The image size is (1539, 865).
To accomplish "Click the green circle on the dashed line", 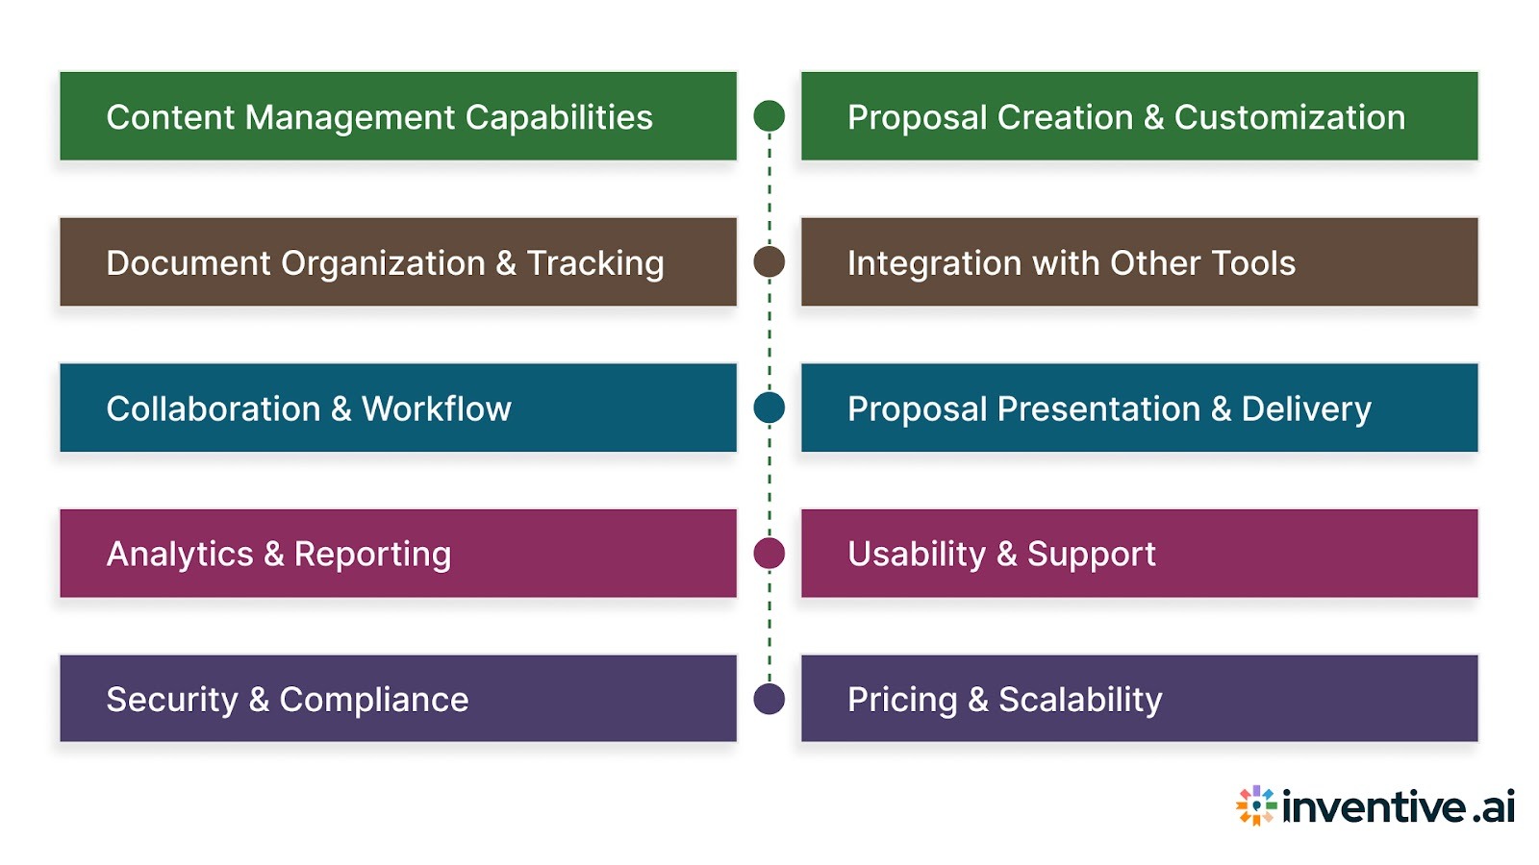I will tap(769, 115).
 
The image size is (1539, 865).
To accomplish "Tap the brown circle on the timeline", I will tap(769, 261).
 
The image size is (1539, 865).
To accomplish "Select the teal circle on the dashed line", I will tap(769, 408).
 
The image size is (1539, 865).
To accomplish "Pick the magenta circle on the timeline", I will tap(769, 554).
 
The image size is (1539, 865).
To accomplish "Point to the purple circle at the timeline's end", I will tap(769, 699).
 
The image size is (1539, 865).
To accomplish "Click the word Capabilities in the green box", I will tap(559, 117).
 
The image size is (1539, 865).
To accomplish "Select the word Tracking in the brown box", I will tap(595, 263).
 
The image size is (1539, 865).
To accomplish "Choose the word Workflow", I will tap(437, 409).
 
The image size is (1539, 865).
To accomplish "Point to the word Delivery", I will tap(1306, 409).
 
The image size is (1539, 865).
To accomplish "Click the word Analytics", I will tap(180, 555).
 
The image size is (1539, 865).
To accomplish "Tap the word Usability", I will tap(917, 555).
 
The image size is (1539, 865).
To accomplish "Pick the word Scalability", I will tap(1080, 700).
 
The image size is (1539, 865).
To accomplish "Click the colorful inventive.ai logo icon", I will tap(1256, 805).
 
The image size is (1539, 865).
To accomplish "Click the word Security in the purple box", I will tap(172, 700).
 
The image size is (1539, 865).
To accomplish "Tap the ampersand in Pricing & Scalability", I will tap(978, 700).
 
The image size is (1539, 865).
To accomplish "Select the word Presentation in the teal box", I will tap(1098, 409).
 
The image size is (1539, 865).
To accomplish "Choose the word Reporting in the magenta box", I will tap(372, 555).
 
